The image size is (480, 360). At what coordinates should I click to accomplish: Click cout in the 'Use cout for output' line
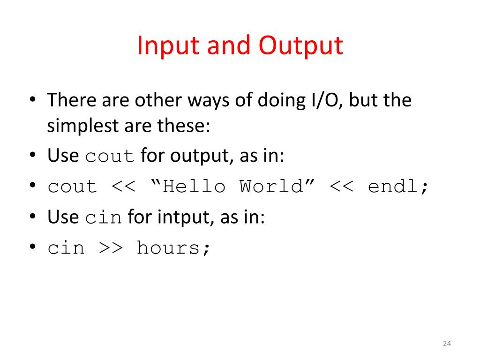tap(111, 156)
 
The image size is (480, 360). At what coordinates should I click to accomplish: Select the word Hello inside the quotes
tap(194, 187)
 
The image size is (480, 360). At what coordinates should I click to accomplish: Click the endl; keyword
tap(398, 187)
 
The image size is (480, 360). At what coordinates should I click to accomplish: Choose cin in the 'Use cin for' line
tap(104, 217)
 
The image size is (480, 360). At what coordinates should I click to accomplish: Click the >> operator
tap(111, 247)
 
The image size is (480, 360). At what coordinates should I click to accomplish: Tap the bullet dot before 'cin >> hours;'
tap(33, 247)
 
